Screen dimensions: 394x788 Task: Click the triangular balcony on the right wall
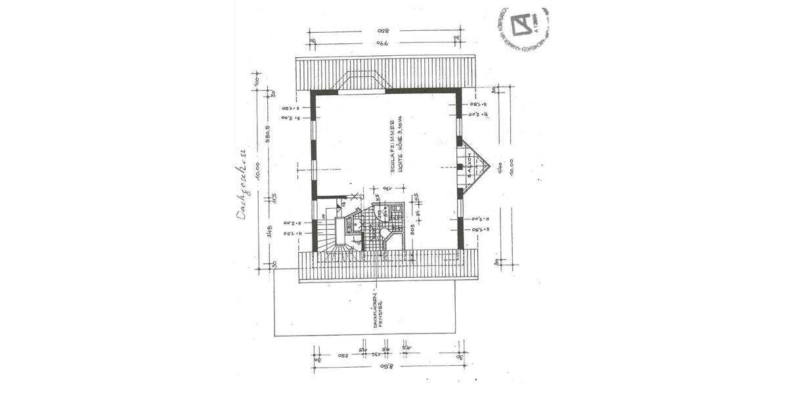click(475, 167)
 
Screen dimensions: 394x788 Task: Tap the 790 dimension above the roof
click(383, 43)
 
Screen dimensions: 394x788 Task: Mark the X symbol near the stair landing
click(354, 196)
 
